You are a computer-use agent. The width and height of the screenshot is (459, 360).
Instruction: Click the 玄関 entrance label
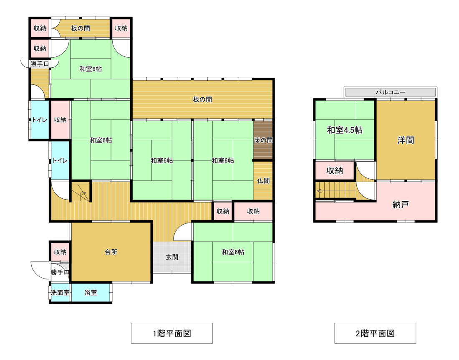pyautogui.click(x=172, y=257)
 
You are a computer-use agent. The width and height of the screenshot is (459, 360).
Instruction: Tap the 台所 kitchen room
pyautogui.click(x=111, y=252)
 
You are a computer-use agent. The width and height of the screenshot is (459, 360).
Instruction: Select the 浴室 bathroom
pyautogui.click(x=91, y=292)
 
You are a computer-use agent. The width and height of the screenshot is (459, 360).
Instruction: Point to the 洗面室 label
pyautogui.click(x=60, y=293)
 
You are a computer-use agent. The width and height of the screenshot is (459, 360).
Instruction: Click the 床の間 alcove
pyautogui.click(x=263, y=140)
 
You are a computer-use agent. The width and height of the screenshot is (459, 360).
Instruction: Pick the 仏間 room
pyautogui.click(x=263, y=181)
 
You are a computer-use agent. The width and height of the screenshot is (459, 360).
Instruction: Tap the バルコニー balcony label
pyautogui.click(x=391, y=92)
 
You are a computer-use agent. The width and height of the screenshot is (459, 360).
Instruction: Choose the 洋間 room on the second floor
pyautogui.click(x=406, y=140)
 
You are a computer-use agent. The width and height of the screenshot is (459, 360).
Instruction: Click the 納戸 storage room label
pyautogui.click(x=401, y=205)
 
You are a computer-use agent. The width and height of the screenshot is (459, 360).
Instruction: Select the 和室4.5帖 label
pyautogui.click(x=345, y=130)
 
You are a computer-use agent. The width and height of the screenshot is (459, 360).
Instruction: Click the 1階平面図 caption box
pyautogui.click(x=172, y=333)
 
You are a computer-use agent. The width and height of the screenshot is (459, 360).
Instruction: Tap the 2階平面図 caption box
pyautogui.click(x=375, y=333)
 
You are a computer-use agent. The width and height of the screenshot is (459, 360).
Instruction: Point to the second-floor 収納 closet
pyautogui.click(x=335, y=170)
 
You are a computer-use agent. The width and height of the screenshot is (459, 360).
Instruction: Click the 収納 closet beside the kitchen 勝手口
pyautogui.click(x=60, y=251)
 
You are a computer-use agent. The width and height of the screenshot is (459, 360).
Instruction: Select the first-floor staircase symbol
pyautogui.click(x=80, y=192)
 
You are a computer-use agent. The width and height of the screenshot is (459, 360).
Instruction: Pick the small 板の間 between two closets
pyautogui.click(x=81, y=28)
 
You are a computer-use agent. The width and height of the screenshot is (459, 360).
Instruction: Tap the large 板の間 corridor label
pyautogui.click(x=202, y=99)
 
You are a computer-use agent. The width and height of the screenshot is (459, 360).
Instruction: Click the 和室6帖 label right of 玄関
pyautogui.click(x=233, y=252)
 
